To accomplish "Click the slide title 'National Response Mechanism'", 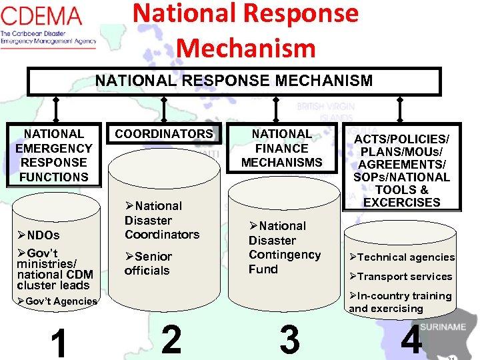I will pos(245,31).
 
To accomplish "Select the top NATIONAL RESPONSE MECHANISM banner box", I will pos(233,81).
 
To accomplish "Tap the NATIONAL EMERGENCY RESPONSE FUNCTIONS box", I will pos(54,155).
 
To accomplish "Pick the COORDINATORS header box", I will pos(164,134).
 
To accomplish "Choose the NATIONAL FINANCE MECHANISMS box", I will pos(281,148).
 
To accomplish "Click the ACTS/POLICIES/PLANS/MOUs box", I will pos(401,170).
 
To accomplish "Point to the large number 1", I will pos(59,343).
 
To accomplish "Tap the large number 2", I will pos(171,340).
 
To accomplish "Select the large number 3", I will pos(289,340).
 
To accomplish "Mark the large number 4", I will pos(411,340).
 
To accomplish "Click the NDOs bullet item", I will pos(39,235).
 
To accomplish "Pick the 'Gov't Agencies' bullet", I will pos(58,301).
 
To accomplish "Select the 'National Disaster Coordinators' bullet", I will pos(161,220).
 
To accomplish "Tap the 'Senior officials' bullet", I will pos(148,263).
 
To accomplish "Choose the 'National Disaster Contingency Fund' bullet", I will pos(284,247).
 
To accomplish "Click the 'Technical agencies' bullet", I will pos(402,257).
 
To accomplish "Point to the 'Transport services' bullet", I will pos(401,277).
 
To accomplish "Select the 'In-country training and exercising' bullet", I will pos(400,302).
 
